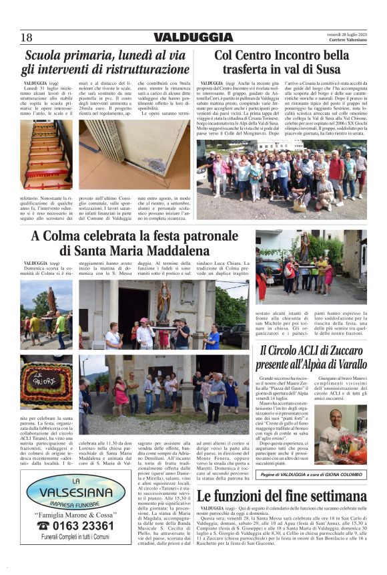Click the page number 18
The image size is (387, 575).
(x=26, y=37)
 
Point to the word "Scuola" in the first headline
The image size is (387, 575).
(x=49, y=55)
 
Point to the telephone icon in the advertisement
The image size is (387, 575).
(x=33, y=525)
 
